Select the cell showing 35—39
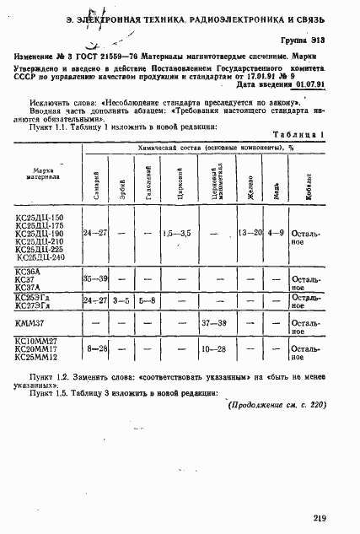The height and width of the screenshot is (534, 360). click(94, 279)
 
